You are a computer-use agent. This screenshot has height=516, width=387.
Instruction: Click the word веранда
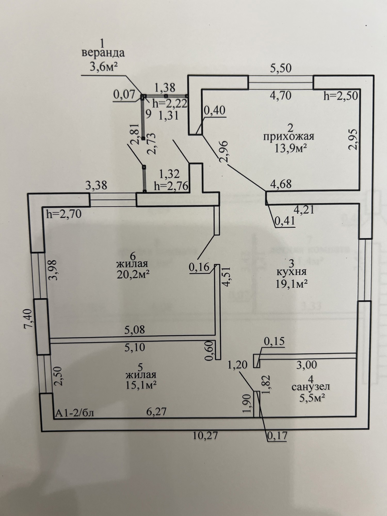103,53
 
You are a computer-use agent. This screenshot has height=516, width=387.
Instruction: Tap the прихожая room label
289,136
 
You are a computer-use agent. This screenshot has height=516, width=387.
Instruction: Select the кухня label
291,272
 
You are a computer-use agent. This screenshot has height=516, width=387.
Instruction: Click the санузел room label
311,387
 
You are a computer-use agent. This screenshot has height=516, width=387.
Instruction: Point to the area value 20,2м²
133,275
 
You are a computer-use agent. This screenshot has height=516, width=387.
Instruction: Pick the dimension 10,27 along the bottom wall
205,436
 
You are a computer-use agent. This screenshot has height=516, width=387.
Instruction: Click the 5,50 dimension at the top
281,68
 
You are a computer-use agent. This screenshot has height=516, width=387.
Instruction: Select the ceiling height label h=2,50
341,96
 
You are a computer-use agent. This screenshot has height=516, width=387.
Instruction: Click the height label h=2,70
64,214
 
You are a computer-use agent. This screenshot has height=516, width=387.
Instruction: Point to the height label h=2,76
171,186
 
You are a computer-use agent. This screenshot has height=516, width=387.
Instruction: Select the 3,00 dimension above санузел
307,365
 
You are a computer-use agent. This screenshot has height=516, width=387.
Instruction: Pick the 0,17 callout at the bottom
277,436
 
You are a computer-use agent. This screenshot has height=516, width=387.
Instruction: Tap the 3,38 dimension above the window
96,186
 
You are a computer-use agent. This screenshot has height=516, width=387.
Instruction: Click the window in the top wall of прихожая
281,82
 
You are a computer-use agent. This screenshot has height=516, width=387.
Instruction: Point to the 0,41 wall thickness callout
285,221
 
